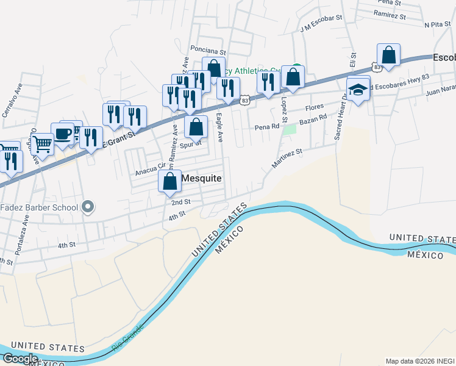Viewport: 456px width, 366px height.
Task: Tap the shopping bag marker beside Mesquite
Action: click(169, 181)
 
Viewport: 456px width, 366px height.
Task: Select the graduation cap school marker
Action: click(358, 89)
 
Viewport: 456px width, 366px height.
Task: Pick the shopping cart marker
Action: click(42, 145)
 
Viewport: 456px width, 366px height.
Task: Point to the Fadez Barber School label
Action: click(39, 207)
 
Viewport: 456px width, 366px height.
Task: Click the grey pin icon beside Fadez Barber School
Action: click(88, 207)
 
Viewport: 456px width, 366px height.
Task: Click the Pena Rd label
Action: click(267, 127)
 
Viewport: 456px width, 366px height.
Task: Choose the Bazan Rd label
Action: click(313, 120)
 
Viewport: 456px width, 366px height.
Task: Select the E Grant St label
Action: click(117, 135)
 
